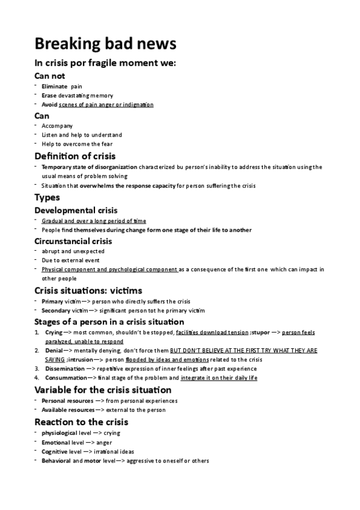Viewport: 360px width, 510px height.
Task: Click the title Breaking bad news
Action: coord(105,44)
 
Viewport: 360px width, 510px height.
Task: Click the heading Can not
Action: coord(50,76)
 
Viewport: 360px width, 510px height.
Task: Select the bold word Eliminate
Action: coord(55,87)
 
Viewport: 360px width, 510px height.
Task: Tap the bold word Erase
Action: coord(50,96)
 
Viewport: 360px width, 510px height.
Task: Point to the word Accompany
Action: coord(57,126)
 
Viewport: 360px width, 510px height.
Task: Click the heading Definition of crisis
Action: coord(79,156)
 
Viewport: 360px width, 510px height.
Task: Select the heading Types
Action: coord(47,198)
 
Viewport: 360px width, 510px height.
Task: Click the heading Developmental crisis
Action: coord(76,210)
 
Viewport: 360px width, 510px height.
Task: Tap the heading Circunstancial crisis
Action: coord(73,241)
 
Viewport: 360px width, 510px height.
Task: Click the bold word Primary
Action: coord(52,301)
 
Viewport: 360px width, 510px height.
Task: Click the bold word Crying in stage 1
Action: coord(53,333)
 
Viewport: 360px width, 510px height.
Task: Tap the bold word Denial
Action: coord(53,350)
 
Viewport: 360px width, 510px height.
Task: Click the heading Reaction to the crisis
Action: coord(81,422)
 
